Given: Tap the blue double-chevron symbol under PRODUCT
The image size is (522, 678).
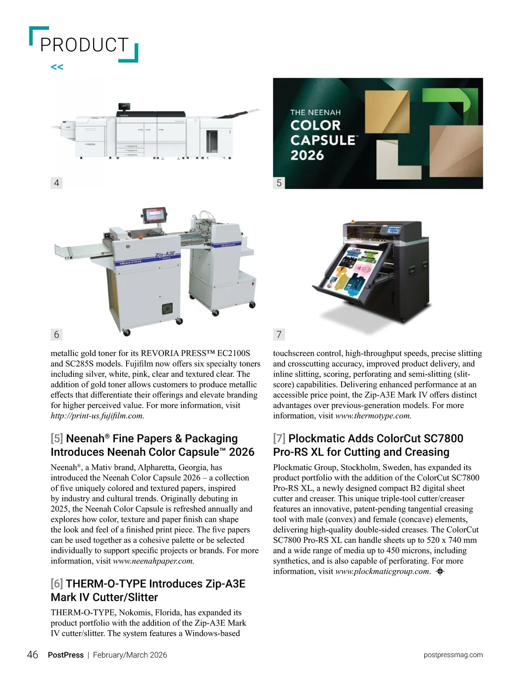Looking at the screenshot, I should (57, 67).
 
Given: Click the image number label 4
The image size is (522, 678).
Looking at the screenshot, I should (57, 183).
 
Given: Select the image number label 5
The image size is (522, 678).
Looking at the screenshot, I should (279, 183).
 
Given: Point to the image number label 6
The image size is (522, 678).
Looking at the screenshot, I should (57, 334).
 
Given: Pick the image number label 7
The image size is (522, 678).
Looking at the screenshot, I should (279, 334).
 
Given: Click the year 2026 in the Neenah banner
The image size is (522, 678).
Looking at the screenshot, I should (307, 155).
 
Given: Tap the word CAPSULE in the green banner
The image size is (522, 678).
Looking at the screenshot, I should (323, 140).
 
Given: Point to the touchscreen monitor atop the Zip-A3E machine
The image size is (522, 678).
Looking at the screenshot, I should (154, 214).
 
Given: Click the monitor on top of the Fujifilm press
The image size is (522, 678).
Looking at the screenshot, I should (124, 106).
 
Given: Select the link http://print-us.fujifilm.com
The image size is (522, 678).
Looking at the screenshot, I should (97, 416).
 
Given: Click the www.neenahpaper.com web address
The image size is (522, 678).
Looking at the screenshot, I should (153, 561).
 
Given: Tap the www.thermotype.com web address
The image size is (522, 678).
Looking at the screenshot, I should (373, 416).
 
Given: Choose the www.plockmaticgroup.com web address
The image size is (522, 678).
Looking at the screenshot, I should (382, 571).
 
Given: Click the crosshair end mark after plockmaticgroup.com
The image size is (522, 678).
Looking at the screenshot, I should (439, 572).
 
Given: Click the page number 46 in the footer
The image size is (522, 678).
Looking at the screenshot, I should (33, 655).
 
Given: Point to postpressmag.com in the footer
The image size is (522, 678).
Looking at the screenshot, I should (453, 655).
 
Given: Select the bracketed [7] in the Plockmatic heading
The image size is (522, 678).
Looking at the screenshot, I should (279, 438).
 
